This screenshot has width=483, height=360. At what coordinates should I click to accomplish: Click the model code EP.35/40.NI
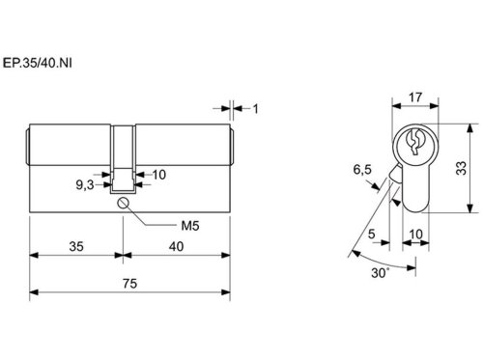click(x=38, y=63)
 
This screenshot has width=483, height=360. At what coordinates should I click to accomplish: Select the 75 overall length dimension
click(x=129, y=284)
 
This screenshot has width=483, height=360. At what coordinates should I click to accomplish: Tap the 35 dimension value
click(x=76, y=246)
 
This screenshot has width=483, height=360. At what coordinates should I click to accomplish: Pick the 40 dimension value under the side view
click(x=177, y=246)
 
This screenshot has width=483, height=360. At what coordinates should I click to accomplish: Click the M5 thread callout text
click(x=190, y=226)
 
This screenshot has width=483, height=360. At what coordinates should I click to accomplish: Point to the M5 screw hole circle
click(x=124, y=203)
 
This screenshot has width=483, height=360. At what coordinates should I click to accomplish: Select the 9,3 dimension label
click(x=85, y=185)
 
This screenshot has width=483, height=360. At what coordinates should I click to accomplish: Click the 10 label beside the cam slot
click(x=159, y=175)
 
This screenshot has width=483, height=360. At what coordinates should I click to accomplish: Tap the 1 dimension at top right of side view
click(x=255, y=109)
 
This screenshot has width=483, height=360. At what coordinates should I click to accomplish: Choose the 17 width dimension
click(x=415, y=97)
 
